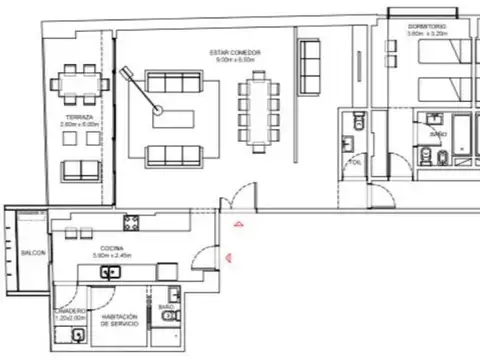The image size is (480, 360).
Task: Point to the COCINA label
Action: coord(111,250)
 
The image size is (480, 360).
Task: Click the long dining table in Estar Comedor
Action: coord(257,109)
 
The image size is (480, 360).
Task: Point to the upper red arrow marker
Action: coord(237,224)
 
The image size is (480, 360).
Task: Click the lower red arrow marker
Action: coord(229,256)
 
